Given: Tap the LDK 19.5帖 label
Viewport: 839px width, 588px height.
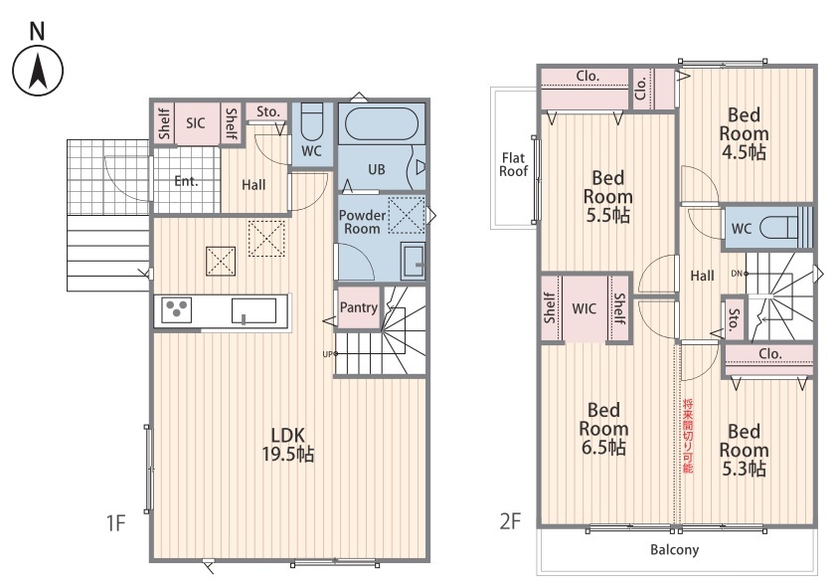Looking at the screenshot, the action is coord(288,445).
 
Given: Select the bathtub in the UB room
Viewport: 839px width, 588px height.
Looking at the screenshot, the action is coord(382,124).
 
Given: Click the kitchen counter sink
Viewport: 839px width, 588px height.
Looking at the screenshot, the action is coord(253,310).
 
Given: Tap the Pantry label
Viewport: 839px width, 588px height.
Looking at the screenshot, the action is coord(359,307).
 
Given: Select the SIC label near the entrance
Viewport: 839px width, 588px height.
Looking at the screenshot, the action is coord(195,123).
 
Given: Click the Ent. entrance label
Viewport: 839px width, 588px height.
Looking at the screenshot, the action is coord(186,181).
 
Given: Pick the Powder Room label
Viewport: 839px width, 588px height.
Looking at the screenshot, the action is coord(362,222).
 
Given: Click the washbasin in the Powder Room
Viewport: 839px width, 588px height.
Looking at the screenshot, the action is coord(414,262).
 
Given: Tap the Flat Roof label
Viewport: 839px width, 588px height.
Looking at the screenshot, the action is coord(514,164).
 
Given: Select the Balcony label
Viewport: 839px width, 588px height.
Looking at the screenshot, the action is coord(674,550).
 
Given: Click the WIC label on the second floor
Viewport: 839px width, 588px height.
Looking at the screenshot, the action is coord(584,309).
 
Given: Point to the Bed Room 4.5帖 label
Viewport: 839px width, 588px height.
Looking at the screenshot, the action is coord(744,133).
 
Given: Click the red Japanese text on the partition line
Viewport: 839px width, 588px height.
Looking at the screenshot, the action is coord(688,436).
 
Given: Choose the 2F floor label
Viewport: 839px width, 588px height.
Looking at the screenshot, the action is coord(511,521).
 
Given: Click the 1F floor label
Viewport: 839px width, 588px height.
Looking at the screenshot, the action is coord(115,522).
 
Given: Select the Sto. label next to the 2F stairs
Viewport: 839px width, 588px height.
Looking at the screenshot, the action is coord(734,319).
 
